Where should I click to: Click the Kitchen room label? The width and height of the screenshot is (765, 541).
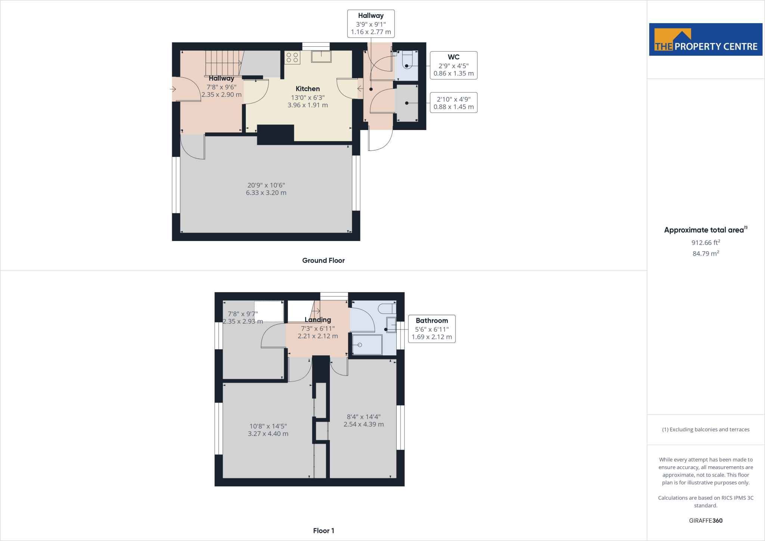pos(307,89)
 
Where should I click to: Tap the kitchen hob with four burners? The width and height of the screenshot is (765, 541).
pos(292,58)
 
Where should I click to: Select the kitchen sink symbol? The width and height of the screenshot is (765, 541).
pos(321,56)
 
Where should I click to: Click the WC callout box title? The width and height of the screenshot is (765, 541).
pos(453,57)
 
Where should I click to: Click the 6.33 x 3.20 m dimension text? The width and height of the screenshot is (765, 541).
pos(266,193)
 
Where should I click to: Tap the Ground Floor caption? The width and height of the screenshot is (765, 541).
pos(323,260)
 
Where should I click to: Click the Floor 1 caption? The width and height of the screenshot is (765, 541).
pos(323,531)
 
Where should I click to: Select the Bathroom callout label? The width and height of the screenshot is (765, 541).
pos(432,321)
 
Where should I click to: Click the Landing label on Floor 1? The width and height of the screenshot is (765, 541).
pos(318,319)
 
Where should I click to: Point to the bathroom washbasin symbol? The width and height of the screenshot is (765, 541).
pos(391,325)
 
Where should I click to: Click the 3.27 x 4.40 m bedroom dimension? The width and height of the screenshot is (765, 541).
pos(268,434)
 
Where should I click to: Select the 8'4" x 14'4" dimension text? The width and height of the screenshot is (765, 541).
pos(363,417)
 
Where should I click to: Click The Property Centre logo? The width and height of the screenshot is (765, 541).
pos(706,40)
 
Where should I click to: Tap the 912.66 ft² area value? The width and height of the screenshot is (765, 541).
pos(706,242)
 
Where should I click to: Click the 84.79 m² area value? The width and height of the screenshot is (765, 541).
pos(706,253)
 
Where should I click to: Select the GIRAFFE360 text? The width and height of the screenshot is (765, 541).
pos(706,520)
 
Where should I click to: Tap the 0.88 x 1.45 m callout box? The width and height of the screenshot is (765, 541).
pos(453,103)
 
